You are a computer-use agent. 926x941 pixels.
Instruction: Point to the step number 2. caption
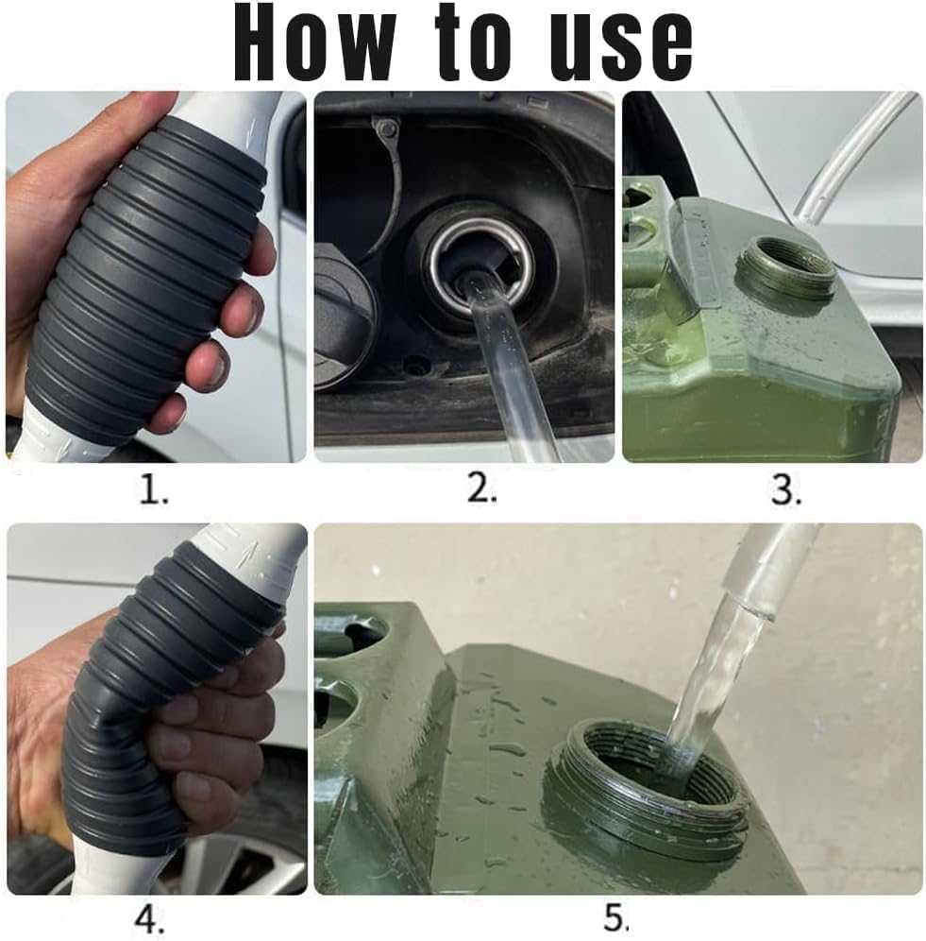coord(481,489)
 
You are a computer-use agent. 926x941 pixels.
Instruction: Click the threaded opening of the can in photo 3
coord(785,267)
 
